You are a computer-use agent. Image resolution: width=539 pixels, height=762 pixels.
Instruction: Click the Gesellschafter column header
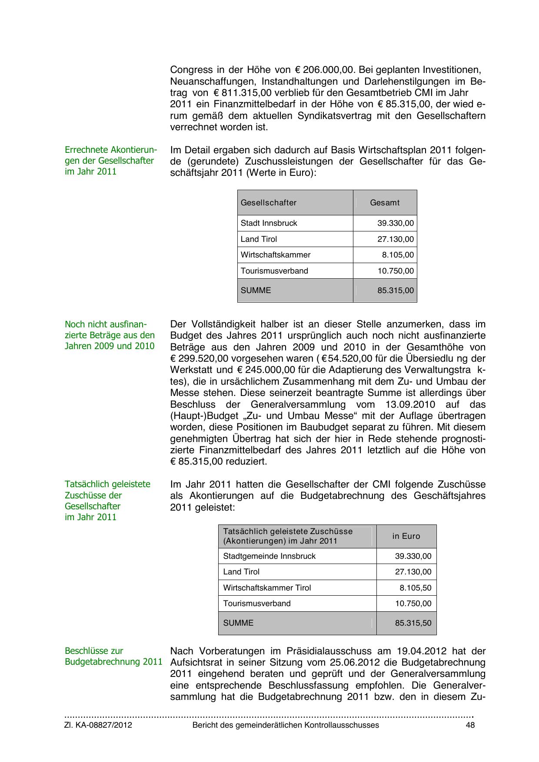(269, 203)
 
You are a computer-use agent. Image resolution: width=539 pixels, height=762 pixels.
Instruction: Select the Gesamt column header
(385, 203)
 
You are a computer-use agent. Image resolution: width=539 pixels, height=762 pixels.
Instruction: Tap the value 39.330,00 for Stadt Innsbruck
(396, 224)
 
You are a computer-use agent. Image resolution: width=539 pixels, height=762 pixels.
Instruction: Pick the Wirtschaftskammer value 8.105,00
(398, 255)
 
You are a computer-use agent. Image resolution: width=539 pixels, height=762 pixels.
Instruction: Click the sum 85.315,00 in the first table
(396, 290)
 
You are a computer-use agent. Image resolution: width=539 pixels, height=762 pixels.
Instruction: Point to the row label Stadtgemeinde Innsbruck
(269, 556)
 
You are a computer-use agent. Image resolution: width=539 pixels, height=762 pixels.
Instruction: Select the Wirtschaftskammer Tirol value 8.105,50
(416, 588)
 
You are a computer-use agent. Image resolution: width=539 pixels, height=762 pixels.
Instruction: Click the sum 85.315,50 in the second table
(413, 623)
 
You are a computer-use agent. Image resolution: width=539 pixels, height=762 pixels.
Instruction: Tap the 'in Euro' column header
(406, 536)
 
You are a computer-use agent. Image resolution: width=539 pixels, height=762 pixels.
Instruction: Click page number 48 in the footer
(470, 725)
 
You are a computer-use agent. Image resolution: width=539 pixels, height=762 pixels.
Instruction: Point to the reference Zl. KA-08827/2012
(98, 725)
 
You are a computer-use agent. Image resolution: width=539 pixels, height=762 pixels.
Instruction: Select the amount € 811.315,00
(243, 93)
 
